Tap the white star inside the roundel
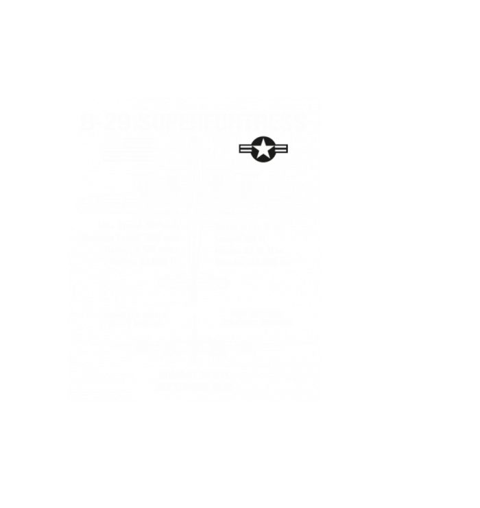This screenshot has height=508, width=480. [x=262, y=149]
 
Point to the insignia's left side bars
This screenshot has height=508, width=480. [x=244, y=149]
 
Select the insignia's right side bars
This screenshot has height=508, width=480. [x=280, y=149]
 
